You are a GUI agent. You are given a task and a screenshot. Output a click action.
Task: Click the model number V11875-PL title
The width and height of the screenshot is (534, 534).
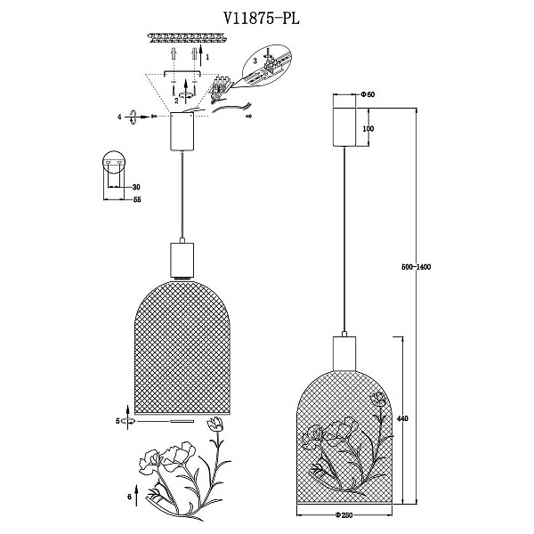262,19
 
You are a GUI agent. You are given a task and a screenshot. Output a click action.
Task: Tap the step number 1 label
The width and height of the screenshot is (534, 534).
207,57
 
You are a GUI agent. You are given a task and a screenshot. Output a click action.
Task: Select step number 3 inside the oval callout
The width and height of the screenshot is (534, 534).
255,61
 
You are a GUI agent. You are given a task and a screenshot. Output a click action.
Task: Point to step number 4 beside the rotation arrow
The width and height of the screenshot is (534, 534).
119,117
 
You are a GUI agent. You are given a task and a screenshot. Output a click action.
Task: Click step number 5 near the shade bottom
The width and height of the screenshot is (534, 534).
117,421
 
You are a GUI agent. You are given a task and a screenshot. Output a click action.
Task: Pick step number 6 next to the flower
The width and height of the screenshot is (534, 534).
129,497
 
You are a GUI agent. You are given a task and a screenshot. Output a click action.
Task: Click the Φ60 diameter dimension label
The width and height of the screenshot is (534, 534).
368,94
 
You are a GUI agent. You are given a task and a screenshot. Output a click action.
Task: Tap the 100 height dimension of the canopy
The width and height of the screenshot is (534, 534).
368,129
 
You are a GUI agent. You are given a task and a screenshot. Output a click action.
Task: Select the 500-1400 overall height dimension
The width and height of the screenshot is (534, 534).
417,267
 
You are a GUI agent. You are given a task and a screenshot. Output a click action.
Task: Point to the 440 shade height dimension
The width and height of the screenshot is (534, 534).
403,418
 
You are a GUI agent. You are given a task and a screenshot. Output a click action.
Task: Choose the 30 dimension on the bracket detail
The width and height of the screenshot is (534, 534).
136,187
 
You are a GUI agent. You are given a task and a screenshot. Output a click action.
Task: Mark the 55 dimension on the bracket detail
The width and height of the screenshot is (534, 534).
137,199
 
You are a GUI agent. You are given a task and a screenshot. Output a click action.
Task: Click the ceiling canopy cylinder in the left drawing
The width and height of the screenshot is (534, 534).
182,132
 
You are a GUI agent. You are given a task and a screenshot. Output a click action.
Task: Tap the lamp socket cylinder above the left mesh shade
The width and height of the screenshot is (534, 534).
182,260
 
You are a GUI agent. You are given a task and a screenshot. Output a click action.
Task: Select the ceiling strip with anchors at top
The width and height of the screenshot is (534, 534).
187,37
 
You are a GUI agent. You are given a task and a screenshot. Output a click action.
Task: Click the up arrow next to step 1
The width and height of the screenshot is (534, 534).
200,55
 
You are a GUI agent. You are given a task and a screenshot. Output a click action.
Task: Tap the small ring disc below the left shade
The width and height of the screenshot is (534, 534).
182,422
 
